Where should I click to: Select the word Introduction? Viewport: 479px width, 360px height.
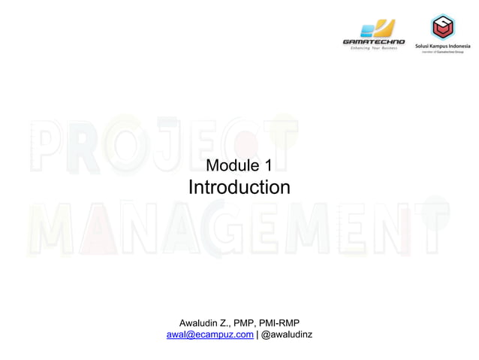(x=238, y=187)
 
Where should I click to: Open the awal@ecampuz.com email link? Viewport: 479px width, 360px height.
(x=209, y=335)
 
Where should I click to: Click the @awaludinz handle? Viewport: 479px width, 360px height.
(x=287, y=335)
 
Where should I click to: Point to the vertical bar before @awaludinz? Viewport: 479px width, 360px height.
(x=257, y=335)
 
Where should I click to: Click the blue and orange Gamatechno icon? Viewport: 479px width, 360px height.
(x=375, y=29)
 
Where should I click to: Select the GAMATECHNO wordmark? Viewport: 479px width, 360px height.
(x=373, y=41)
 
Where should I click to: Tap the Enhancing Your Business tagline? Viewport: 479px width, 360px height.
(x=373, y=48)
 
